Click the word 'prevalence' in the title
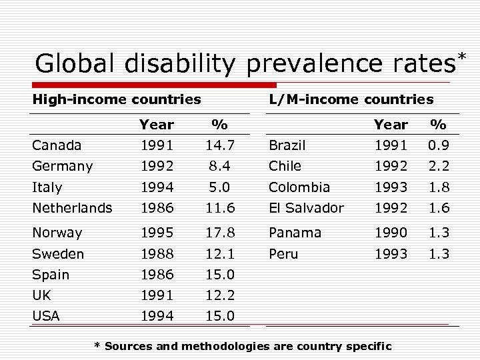click(x=311, y=65)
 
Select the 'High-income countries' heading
click(x=117, y=99)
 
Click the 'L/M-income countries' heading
click(x=351, y=99)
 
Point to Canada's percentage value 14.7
click(x=219, y=145)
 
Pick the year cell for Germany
click(x=157, y=166)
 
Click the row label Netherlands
click(x=72, y=208)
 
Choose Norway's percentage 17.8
click(x=219, y=233)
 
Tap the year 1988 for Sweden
click(x=157, y=254)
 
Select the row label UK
click(x=42, y=295)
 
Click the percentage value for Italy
click(x=219, y=187)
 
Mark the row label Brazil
click(x=287, y=145)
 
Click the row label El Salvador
click(x=306, y=208)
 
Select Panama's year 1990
click(x=390, y=233)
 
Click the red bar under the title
click(x=153, y=85)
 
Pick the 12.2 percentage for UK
click(x=219, y=295)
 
